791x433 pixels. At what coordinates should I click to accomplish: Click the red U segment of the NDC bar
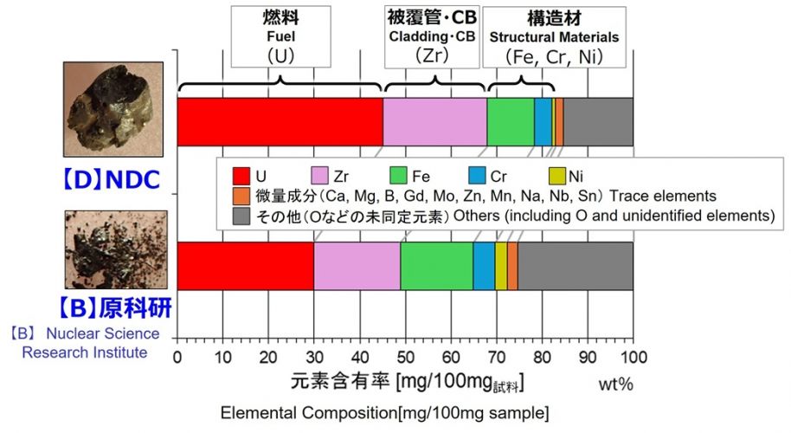tap(280, 122)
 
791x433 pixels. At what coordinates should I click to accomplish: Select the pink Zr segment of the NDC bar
tap(434, 122)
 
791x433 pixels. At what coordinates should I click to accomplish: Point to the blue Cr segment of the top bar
tap(543, 122)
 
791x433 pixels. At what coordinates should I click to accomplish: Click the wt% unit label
tap(615, 383)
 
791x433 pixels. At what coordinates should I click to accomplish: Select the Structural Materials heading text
tap(554, 38)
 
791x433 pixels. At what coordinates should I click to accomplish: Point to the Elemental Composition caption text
tap(384, 410)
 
